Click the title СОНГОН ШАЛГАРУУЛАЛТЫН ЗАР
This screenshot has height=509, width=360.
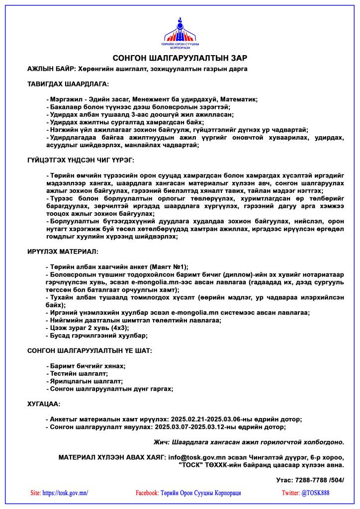click(x=180, y=58)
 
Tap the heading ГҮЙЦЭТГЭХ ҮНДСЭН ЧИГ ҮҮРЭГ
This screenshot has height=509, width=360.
click(x=81, y=160)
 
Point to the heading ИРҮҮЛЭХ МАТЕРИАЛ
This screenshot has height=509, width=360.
click(x=63, y=252)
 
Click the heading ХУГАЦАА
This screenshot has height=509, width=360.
click(x=44, y=404)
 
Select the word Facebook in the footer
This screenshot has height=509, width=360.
click(x=147, y=493)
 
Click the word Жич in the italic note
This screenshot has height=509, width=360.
click(x=161, y=441)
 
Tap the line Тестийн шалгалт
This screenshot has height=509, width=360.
click(x=79, y=373)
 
